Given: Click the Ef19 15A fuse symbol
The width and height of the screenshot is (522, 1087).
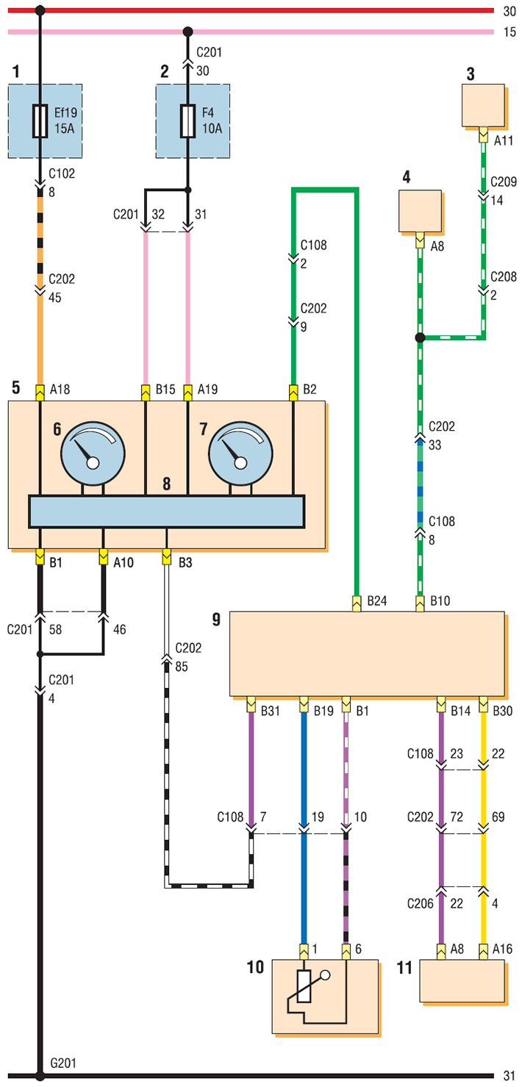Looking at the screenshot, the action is [x=40, y=121].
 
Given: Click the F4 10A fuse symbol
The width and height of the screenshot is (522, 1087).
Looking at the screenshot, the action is [x=188, y=121].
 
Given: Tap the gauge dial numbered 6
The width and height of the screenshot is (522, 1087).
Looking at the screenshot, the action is [x=93, y=453].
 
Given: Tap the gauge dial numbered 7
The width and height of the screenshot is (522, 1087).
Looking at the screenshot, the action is [x=240, y=453].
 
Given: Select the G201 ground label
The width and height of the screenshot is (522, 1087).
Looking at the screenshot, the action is [x=63, y=1063].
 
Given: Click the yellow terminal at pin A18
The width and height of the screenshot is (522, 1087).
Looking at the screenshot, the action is [x=40, y=392].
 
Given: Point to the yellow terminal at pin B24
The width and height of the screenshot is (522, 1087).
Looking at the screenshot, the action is [x=357, y=603].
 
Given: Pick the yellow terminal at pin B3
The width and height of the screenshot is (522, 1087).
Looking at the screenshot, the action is [x=167, y=556].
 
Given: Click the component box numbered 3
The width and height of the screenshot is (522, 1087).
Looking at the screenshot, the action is [x=483, y=105].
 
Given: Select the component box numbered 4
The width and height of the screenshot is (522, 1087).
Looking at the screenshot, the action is [x=420, y=211].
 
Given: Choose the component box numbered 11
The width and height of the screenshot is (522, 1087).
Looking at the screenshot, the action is [x=462, y=980].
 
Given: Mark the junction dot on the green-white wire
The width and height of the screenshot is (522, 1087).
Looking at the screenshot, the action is [x=420, y=337].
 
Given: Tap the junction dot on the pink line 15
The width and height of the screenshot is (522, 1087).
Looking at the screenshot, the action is [x=188, y=32].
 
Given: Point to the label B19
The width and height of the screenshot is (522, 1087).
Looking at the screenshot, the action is [x=323, y=711].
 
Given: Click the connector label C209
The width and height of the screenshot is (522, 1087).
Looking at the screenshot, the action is [x=504, y=182].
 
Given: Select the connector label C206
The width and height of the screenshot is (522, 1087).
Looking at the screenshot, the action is [x=420, y=903].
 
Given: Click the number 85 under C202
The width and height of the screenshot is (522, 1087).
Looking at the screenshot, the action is [x=182, y=667].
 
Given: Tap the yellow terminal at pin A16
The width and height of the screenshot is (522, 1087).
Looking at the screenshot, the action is [x=483, y=952].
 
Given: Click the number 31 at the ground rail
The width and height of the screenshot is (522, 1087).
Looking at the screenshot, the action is [x=509, y=1076].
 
